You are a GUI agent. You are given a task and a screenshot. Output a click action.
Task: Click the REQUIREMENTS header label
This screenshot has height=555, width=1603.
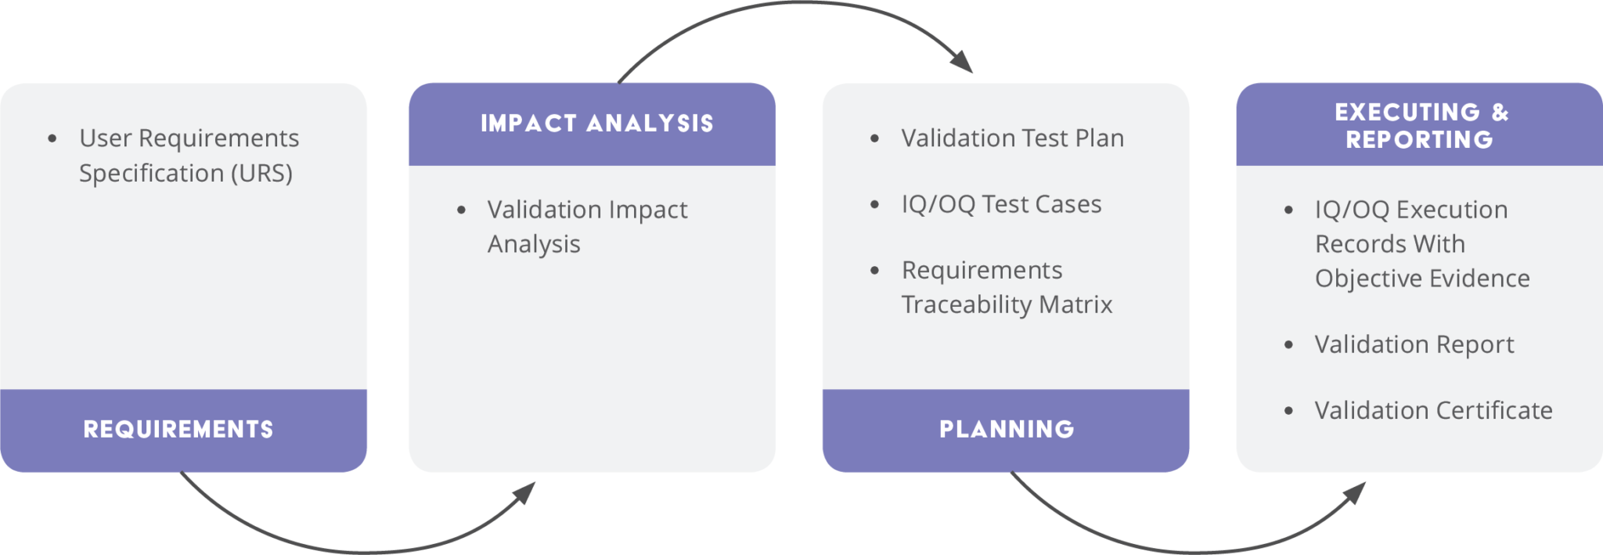pyautogui.click(x=178, y=429)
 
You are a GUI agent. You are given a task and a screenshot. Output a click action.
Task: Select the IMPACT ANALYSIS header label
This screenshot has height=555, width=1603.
pyautogui.click(x=597, y=124)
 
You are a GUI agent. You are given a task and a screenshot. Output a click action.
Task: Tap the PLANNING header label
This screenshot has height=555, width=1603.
pyautogui.click(x=1007, y=429)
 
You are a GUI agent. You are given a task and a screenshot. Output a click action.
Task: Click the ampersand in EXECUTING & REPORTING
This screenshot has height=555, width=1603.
pyautogui.click(x=1500, y=112)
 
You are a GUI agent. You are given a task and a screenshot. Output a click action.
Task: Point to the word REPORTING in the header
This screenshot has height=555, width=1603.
pyautogui.click(x=1420, y=139)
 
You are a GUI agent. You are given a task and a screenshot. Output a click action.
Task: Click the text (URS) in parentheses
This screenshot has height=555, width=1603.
pyautogui.click(x=261, y=173)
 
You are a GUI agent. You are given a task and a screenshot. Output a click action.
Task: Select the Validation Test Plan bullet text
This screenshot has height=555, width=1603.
pyautogui.click(x=1013, y=139)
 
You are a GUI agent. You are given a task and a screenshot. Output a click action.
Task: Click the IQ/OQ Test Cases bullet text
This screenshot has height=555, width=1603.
pyautogui.click(x=1002, y=204)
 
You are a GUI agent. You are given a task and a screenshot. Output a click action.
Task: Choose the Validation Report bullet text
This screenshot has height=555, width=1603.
pyautogui.click(x=1414, y=344)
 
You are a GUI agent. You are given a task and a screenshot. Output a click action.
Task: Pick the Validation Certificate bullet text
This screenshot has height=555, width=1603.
pyautogui.click(x=1434, y=410)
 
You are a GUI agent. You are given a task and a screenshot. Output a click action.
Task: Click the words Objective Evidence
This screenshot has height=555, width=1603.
pyautogui.click(x=1422, y=279)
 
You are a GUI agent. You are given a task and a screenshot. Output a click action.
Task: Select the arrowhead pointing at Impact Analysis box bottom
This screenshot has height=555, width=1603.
pyautogui.click(x=524, y=493)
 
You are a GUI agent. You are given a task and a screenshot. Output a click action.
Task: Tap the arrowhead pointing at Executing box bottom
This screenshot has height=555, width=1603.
pyautogui.click(x=1355, y=493)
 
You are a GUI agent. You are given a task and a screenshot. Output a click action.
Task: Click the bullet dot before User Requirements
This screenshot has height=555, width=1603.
pyautogui.click(x=52, y=139)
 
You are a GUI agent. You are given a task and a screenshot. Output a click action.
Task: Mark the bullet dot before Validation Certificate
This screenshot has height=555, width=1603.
pyautogui.click(x=1288, y=410)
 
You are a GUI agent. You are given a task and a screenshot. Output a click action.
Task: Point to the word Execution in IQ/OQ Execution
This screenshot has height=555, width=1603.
pyautogui.click(x=1452, y=210)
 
